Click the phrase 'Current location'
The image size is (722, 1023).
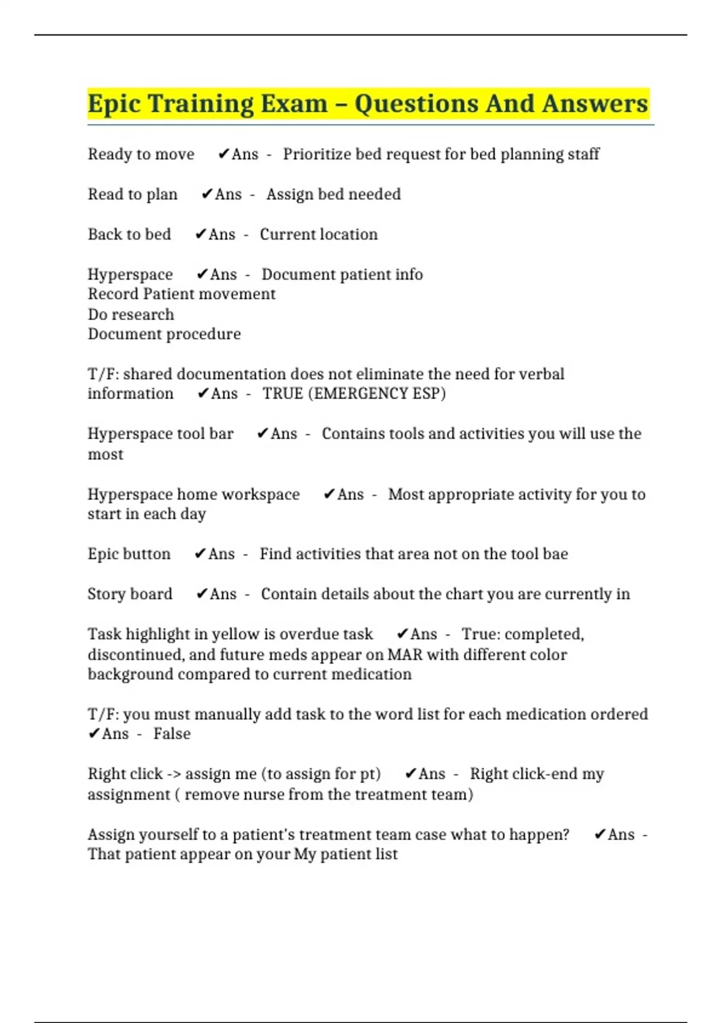click(x=318, y=234)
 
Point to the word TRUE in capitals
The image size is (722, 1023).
click(x=283, y=394)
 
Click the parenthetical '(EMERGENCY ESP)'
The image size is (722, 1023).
click(x=377, y=394)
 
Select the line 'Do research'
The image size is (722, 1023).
click(x=131, y=314)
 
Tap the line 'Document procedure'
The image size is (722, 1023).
click(x=164, y=334)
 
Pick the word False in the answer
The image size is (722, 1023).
click(x=171, y=734)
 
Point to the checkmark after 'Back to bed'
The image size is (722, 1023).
click(x=201, y=234)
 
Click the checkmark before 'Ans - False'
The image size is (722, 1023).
click(x=94, y=734)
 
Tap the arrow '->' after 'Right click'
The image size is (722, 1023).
click(x=174, y=774)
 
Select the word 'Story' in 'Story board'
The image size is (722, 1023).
click(x=107, y=594)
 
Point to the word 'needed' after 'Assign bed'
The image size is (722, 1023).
click(x=375, y=194)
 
